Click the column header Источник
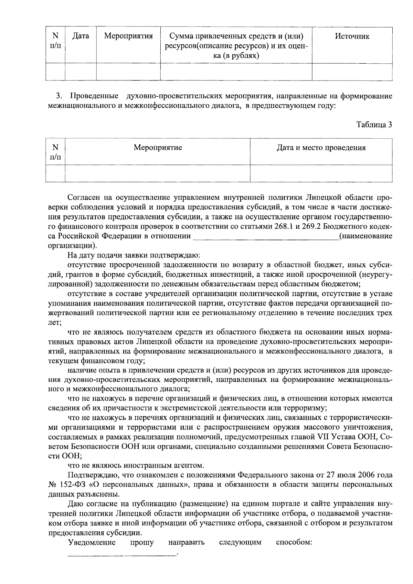[352, 36]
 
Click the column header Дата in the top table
[81, 36]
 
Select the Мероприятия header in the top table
[128, 36]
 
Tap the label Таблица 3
[374, 125]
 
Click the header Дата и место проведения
[321, 148]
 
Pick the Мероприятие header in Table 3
[158, 148]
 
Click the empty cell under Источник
[352, 72]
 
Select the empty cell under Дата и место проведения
[321, 173]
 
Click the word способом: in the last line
[294, 543]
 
